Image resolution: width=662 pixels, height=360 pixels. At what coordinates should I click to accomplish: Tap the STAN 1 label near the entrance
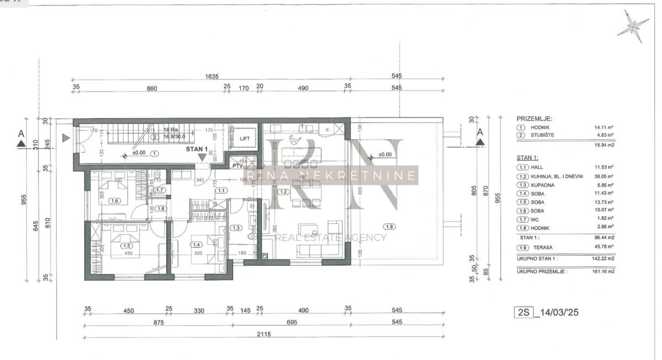point(196,149)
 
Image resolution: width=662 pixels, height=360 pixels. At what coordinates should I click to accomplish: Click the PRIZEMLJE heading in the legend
point(534,119)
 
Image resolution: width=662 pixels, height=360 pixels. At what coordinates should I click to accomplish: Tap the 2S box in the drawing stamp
point(523,313)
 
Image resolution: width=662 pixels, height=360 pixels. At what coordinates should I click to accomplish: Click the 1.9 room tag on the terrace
point(390,227)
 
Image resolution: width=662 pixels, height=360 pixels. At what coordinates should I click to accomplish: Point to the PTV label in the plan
point(238,165)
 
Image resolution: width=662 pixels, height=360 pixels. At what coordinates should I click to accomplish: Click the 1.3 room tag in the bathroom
point(236,227)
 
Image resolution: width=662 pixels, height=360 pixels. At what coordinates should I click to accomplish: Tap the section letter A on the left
point(21,133)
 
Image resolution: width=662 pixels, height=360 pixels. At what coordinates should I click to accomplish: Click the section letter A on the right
point(480,132)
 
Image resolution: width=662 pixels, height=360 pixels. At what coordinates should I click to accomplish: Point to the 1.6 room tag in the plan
point(114,201)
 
